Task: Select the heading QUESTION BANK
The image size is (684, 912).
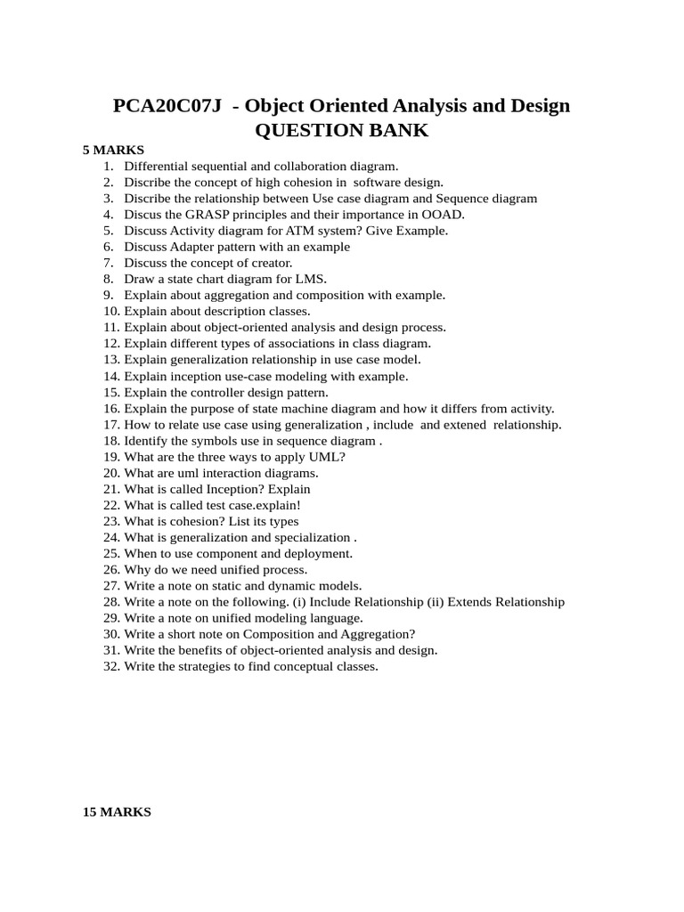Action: click(342, 131)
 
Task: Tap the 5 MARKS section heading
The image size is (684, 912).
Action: click(113, 150)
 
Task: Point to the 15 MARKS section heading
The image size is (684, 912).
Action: click(117, 812)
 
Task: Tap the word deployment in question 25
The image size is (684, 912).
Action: click(318, 553)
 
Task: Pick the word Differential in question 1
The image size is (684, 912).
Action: click(157, 166)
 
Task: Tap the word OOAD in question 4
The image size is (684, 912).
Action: click(444, 215)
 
